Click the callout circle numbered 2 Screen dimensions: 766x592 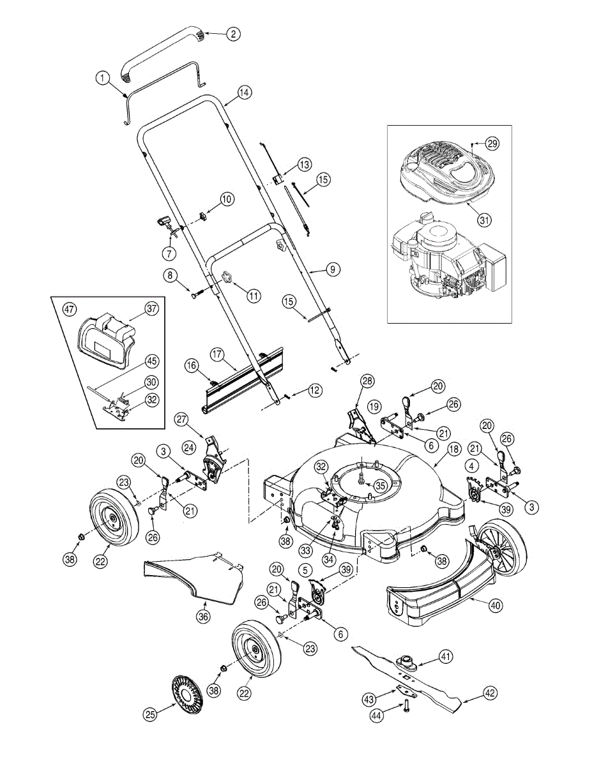pos(234,34)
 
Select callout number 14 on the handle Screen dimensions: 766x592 pos(245,92)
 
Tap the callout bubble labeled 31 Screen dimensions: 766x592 pos(484,220)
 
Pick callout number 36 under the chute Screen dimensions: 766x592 pos(203,617)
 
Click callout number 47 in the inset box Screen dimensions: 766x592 pos(69,308)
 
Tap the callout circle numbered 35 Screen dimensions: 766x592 pos(381,485)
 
